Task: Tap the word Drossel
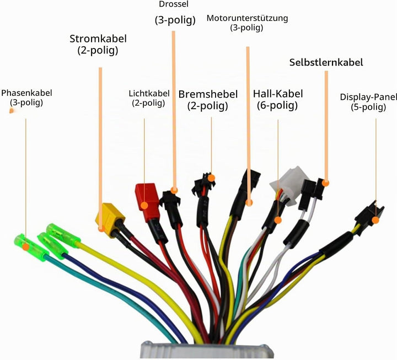pyautogui.click(x=174, y=4)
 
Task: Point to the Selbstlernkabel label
pyautogui.click(x=326, y=62)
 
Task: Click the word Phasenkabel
pyautogui.click(x=26, y=93)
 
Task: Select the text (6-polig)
pyautogui.click(x=277, y=105)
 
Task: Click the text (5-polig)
pyautogui.click(x=368, y=107)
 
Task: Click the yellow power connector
pyautogui.click(x=110, y=220)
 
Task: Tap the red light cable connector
pyautogui.click(x=147, y=201)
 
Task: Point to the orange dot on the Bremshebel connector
pyautogui.click(x=211, y=178)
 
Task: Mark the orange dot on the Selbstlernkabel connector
pyautogui.click(x=326, y=183)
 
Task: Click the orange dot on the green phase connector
pyautogui.click(x=25, y=247)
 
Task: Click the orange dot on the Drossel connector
pyautogui.click(x=174, y=190)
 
